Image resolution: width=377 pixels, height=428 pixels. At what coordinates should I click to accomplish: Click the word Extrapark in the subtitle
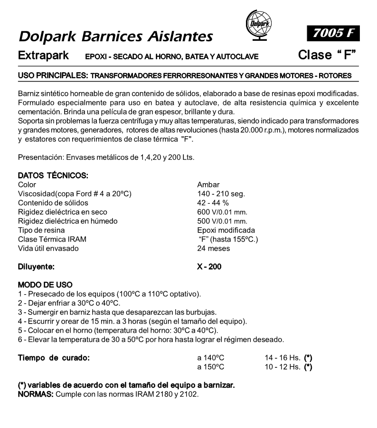[x=44, y=56]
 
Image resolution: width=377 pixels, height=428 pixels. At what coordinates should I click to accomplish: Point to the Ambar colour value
[x=208, y=184]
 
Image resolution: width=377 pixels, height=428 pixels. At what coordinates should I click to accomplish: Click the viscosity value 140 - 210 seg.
[x=221, y=194]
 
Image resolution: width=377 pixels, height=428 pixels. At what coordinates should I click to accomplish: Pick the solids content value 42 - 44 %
[x=213, y=203]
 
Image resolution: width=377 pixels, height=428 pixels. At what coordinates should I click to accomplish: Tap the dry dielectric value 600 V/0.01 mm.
[x=222, y=212]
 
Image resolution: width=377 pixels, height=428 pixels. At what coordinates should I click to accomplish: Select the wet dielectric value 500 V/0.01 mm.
[x=222, y=221]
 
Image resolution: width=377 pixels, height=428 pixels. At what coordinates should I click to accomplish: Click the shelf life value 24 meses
[x=213, y=248]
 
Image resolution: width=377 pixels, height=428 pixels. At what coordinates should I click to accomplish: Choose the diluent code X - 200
[x=209, y=267]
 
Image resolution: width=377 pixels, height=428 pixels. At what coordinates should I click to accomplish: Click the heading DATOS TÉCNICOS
[x=53, y=175]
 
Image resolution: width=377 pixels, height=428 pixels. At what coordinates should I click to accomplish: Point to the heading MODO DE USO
[x=45, y=285]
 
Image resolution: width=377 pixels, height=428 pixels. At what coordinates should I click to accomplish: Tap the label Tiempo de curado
[x=54, y=357]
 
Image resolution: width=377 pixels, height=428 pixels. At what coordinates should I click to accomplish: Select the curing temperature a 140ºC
[x=211, y=357]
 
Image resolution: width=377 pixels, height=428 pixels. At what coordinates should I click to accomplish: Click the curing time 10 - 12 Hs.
[x=282, y=366]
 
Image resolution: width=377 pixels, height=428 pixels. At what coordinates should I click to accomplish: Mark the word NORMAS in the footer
[x=36, y=394]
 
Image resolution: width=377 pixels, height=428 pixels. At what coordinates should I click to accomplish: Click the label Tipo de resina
[x=41, y=230]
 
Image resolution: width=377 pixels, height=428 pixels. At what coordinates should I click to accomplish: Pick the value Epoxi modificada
[x=226, y=230]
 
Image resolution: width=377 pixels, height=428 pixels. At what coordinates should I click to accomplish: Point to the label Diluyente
[x=36, y=267]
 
